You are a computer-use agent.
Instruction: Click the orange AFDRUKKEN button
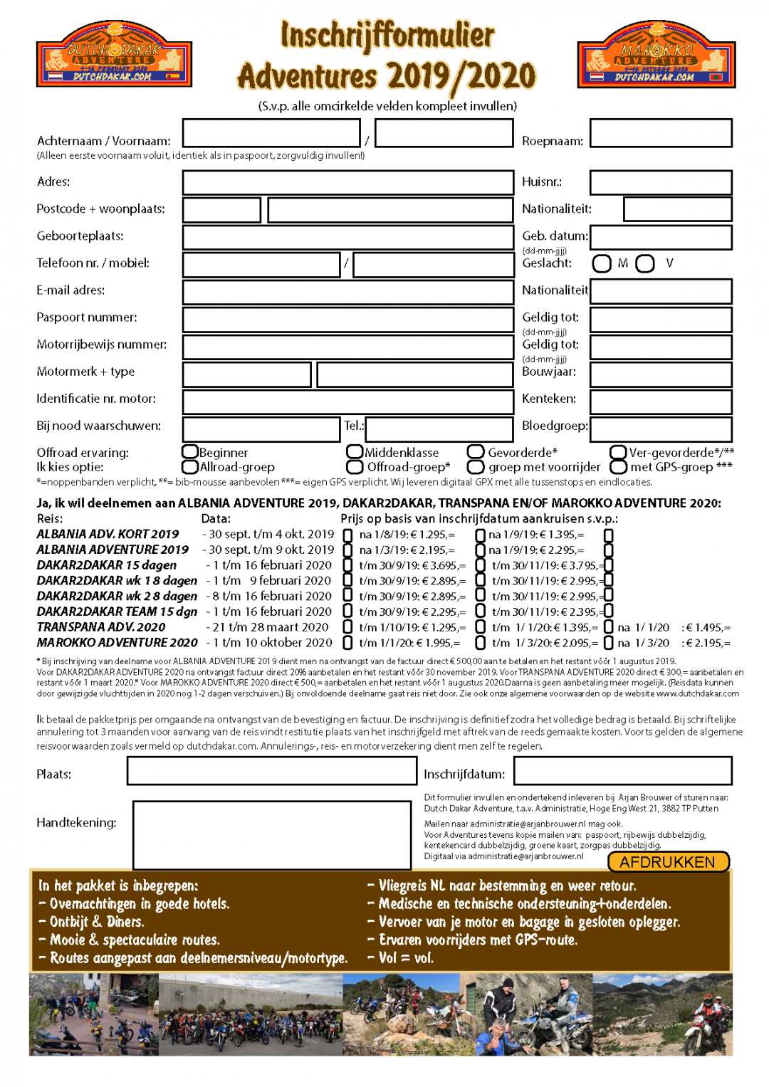coord(668,861)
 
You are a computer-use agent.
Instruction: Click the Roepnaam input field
coord(661,133)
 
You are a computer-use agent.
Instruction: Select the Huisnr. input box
coord(661,182)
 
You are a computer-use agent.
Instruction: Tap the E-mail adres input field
coord(347,292)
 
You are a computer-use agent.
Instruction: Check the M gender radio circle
coord(602,263)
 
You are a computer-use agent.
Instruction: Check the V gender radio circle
coord(645,263)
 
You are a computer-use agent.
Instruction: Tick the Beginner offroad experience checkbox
coord(189,452)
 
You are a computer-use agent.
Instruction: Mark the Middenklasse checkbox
coord(355,452)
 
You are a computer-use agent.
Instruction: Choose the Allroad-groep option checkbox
coord(189,467)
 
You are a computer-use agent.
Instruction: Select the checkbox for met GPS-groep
coord(618,467)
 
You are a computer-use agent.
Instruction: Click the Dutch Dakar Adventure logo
coord(114,54)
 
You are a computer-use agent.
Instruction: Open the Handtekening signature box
coord(271,834)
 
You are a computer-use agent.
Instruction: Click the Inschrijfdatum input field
coord(622,770)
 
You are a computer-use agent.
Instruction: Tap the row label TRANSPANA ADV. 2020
coord(101,627)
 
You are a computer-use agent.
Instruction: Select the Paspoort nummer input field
coord(347,320)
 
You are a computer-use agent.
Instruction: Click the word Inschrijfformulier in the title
coord(387,36)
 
